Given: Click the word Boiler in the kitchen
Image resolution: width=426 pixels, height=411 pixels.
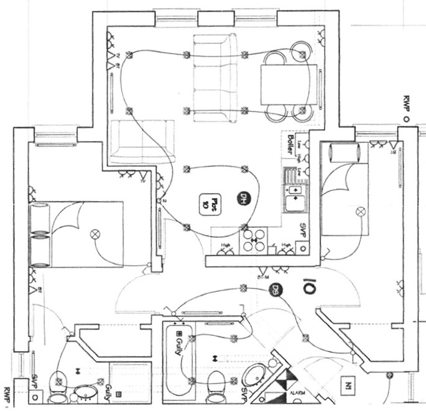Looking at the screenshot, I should click(290, 145).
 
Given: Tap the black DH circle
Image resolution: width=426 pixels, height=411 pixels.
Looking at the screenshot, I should click(243, 199).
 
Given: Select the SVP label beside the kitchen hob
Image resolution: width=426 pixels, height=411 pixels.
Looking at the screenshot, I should click(305, 228).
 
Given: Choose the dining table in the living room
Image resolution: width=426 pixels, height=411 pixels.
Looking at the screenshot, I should click(284, 84).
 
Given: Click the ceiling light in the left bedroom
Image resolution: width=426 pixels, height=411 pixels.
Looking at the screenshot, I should click(95, 234).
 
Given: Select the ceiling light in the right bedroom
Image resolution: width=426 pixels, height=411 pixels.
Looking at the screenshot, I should click(359, 212).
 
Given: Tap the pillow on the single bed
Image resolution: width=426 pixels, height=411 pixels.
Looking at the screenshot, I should click(343, 151).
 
